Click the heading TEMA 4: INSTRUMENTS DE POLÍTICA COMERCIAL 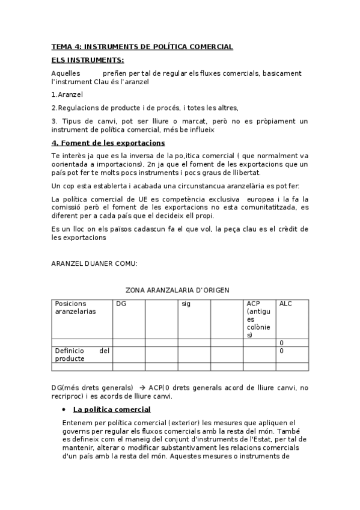click(x=142, y=47)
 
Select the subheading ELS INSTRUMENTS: click(x=88, y=60)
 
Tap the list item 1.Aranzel click(x=67, y=94)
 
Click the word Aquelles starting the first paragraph click(x=66, y=73)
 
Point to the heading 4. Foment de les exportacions click(x=108, y=143)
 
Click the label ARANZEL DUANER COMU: click(x=94, y=263)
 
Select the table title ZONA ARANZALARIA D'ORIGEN click(x=177, y=290)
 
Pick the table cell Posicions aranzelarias click(x=75, y=308)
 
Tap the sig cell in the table click(x=186, y=304)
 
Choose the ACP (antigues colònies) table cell click(x=258, y=319)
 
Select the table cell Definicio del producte click(x=82, y=354)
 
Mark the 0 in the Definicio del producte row click(x=281, y=351)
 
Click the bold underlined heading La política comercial click(x=112, y=410)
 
